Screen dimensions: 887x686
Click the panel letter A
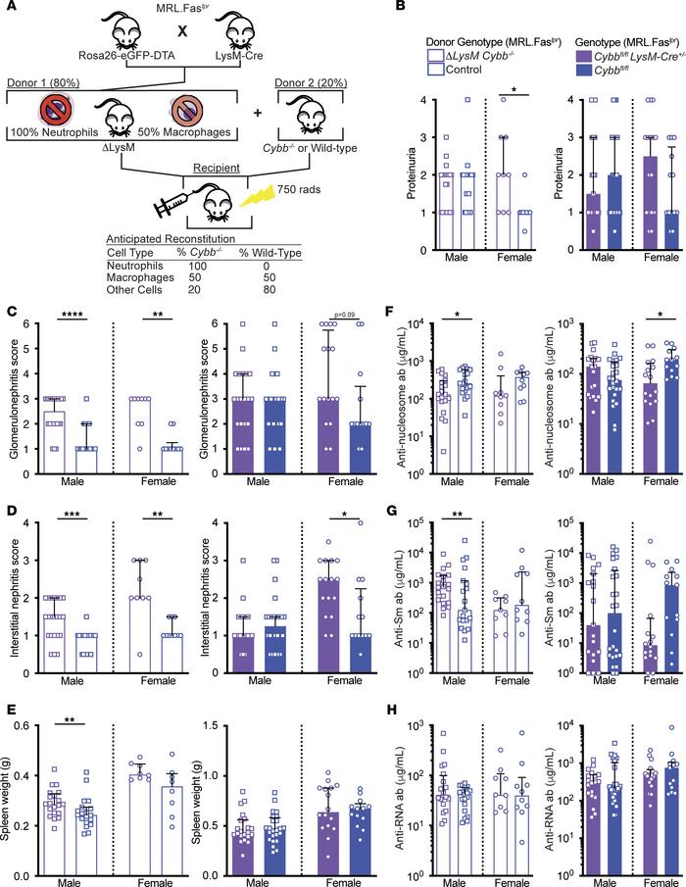click(11, 9)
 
